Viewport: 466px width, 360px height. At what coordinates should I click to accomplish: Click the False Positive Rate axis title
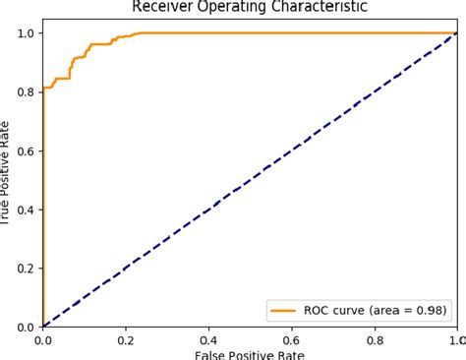[250, 354]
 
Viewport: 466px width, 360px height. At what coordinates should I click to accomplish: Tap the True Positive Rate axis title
[8, 180]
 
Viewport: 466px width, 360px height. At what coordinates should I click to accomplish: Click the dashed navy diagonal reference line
[250, 180]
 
